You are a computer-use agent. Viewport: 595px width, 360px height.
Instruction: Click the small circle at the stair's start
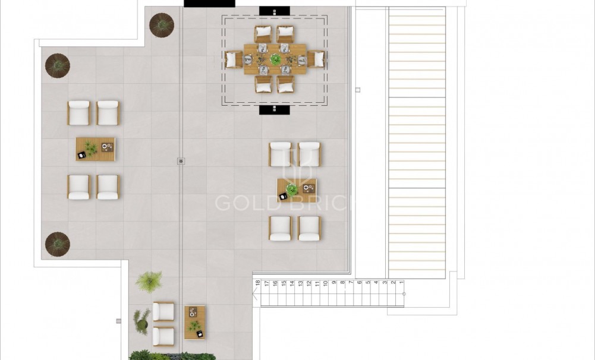point(404,293)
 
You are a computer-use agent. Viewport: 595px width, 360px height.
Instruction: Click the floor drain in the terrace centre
point(181,160)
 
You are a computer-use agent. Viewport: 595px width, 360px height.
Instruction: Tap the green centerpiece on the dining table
point(275,59)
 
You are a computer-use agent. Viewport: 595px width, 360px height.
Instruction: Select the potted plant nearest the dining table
point(161,25)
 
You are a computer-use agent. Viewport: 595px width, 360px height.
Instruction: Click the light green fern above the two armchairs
point(149,281)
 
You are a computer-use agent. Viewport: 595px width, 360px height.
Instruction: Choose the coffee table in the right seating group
point(296,190)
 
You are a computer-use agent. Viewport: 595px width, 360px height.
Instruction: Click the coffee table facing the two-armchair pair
point(194,322)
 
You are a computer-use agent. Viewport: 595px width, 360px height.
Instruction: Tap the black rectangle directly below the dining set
point(275,110)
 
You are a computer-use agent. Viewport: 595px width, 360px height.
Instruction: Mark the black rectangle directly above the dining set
point(275,11)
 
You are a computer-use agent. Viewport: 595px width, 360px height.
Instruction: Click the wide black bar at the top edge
point(209,4)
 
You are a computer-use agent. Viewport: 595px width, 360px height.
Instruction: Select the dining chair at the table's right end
point(317,59)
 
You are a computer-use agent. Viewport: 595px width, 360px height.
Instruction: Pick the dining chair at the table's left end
point(233,59)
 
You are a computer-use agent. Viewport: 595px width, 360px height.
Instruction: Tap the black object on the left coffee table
point(81,155)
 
